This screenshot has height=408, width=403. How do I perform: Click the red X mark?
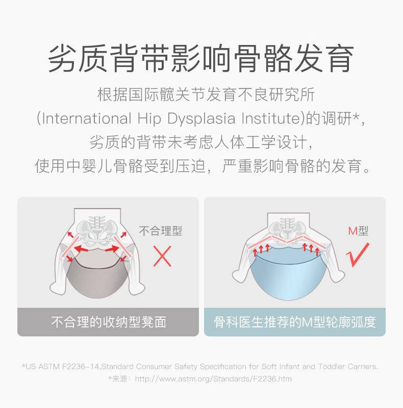click(x=162, y=256)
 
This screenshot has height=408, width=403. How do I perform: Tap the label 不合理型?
click(x=161, y=231)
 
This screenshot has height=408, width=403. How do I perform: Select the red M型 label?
click(x=358, y=231)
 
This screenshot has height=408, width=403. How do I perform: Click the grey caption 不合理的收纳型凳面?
click(x=109, y=322)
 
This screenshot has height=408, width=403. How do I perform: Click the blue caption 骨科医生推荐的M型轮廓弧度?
click(x=295, y=322)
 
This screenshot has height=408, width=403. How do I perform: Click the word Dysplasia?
click(x=201, y=119)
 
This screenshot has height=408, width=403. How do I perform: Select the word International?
click(x=87, y=119)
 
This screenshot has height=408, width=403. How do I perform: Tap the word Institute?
click(x=270, y=119)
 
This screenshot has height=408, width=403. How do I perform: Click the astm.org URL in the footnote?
click(x=213, y=379)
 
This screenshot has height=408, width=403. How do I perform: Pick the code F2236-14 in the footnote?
click(x=81, y=367)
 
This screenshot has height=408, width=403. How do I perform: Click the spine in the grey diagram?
click(x=97, y=223)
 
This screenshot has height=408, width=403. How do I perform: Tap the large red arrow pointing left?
click(x=81, y=250)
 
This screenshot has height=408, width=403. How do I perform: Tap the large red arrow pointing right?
click(x=112, y=249)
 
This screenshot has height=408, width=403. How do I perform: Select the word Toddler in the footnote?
click(x=332, y=367)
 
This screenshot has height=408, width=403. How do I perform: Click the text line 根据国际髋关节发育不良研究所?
click(x=206, y=95)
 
